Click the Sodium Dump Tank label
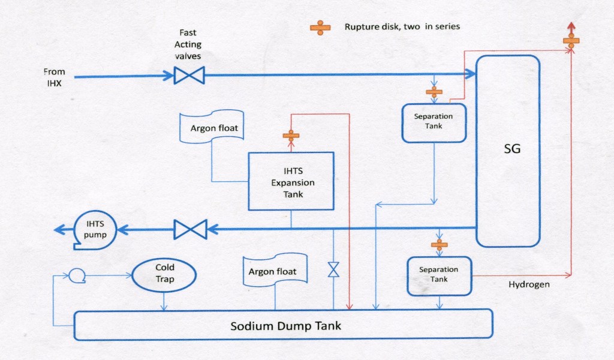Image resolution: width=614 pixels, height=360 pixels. coord(285,326)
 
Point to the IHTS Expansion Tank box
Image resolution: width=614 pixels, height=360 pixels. coord(291,181)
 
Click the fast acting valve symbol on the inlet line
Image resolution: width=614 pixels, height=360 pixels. coord(189,76)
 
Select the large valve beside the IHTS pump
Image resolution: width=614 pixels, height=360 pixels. coord(189,229)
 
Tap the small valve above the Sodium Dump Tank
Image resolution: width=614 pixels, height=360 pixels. coord(333,269)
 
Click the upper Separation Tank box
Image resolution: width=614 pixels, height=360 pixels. coord(434,122)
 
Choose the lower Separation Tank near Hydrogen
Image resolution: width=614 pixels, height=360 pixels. coord(439,275)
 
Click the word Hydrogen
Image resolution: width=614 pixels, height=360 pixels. coord(529,284)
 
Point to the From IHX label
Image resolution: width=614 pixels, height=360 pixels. coord(54,78)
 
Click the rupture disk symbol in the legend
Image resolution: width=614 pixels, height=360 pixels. coord(320,28)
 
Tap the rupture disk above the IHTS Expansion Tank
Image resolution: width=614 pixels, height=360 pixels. coord(291,136)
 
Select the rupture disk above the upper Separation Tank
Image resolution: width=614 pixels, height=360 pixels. coord(434,92)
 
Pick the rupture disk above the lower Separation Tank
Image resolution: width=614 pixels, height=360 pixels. coord(440,244)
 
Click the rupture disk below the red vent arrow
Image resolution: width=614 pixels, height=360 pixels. coord(571,41)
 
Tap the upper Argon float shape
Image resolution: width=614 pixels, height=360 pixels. coord(212,127)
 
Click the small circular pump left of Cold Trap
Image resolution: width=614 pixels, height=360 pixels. coord(76,275)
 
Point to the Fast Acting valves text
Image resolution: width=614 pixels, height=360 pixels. coord(188,44)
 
